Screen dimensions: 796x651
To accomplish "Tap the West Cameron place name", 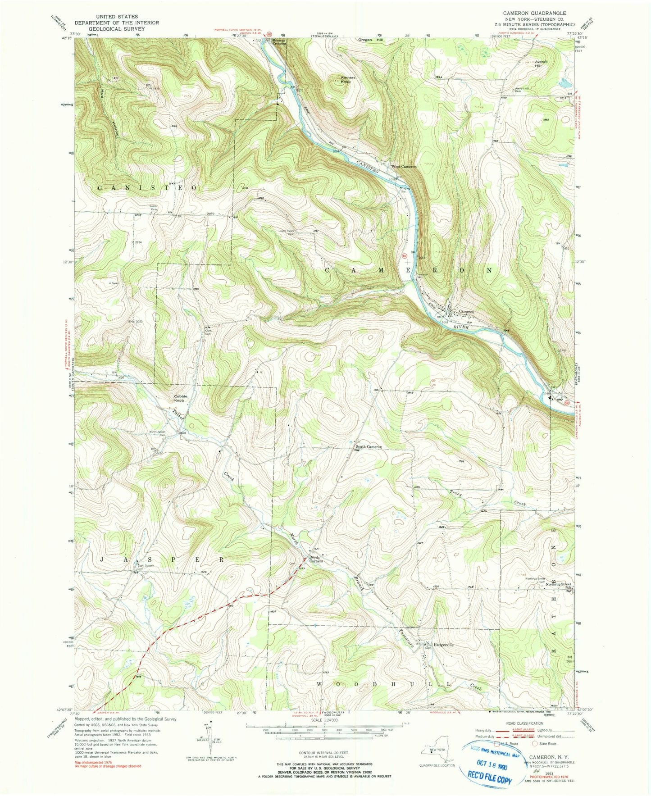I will point(404,167).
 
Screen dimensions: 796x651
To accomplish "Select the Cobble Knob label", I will point(180,398).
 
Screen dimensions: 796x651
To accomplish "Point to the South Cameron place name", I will point(369,447).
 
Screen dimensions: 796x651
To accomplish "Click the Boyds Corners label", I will point(315,559).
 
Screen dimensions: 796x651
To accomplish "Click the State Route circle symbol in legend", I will point(535,744).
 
